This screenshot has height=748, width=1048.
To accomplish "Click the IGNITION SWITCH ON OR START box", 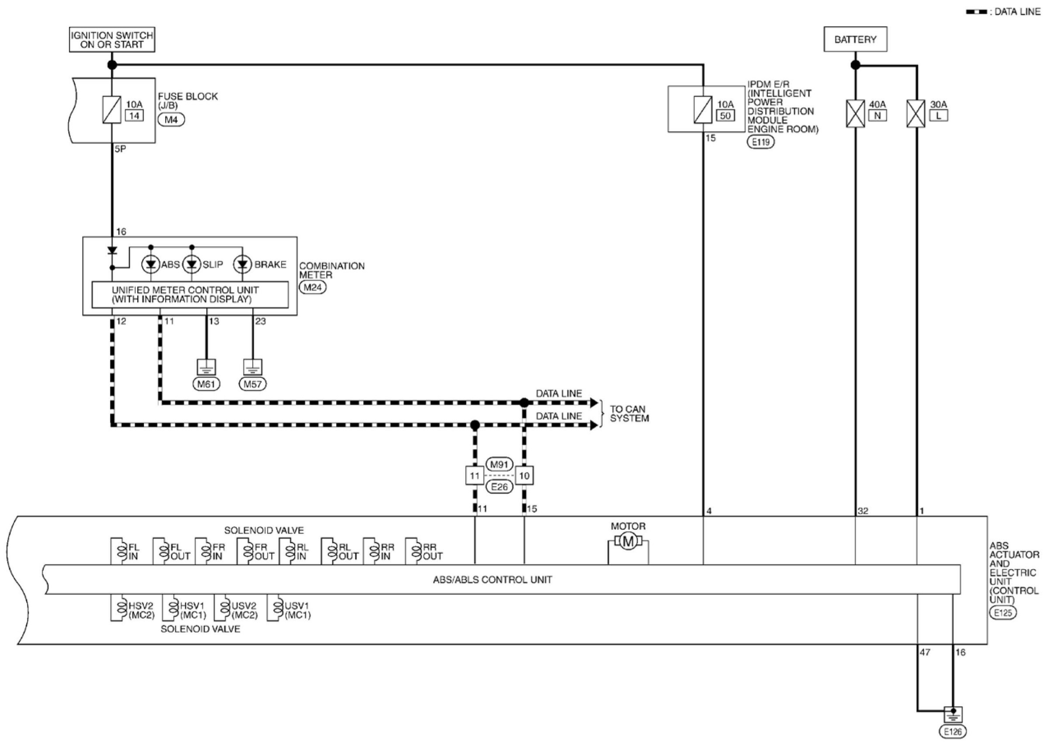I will tap(112, 40).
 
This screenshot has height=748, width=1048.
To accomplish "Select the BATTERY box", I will tap(855, 39).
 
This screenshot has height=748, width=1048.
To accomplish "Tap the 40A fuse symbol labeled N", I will tap(855, 113).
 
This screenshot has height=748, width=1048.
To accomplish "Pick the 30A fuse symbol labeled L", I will tap(916, 113).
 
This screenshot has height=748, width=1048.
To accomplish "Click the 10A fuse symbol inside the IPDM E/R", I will tap(703, 110).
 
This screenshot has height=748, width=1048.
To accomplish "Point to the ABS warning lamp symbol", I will tap(150, 264).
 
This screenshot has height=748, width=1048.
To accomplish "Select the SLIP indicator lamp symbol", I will tap(191, 264).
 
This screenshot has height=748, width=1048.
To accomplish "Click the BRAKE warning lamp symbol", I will tap(242, 264).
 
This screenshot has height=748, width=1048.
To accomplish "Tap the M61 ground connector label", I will tap(206, 384).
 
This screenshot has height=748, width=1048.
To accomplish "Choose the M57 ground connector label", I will tap(252, 384).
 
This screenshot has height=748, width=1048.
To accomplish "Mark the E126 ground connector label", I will tap(953, 731).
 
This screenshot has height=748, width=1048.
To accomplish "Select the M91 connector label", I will tap(499, 464).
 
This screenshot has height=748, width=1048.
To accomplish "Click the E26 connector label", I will tap(499, 487).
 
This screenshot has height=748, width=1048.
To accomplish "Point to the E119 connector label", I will tap(761, 142).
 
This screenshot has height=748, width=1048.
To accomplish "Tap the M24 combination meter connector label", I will tap(312, 287).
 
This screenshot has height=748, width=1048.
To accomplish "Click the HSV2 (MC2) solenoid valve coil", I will tap(122, 608).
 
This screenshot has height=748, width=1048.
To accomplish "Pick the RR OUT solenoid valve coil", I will tap(415, 550).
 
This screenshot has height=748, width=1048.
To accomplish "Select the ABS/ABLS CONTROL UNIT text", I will tap(492, 579).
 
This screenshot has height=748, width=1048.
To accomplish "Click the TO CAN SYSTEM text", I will tap(629, 414).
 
